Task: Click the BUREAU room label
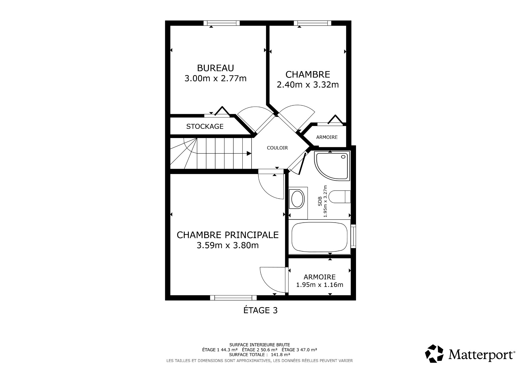point(215,68)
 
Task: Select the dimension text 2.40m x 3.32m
point(307,85)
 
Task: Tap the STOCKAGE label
point(205,126)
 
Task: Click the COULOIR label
point(277,148)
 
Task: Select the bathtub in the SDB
point(319,237)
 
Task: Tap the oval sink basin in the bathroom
point(297,199)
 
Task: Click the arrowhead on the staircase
point(249,153)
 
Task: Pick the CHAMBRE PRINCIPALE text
point(227,235)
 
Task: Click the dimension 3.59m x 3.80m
point(227,245)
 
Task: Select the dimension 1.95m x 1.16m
point(319,285)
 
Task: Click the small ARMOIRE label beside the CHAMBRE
point(327,137)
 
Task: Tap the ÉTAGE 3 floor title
point(260,310)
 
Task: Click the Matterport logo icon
point(434,354)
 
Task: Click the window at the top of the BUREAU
point(221,23)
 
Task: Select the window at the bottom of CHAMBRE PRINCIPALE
point(233,298)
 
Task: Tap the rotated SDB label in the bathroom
point(320,201)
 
